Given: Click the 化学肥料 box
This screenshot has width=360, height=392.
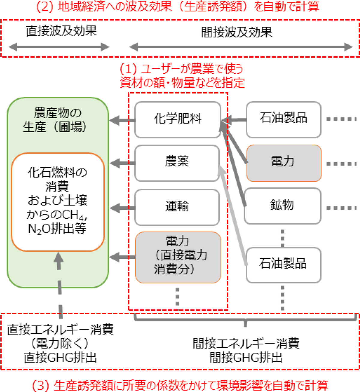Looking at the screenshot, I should (x=178, y=120).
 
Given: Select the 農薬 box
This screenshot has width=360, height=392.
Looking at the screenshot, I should (x=177, y=163).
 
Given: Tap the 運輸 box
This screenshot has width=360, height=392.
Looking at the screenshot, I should (x=177, y=207).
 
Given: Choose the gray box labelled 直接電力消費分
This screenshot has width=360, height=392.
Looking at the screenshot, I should (x=178, y=257).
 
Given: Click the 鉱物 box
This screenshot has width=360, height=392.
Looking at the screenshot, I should (x=283, y=206).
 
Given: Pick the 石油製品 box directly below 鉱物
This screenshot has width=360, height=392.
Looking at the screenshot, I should (x=283, y=265).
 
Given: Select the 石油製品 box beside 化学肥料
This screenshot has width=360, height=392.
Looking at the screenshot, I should (x=283, y=119).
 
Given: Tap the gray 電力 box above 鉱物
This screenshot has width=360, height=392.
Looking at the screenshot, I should (x=283, y=163).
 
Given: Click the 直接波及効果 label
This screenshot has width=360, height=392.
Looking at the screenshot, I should (x=61, y=31).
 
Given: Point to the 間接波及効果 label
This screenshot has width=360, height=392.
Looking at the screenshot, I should (x=237, y=32).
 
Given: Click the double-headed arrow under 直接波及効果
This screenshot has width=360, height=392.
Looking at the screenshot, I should (x=59, y=47).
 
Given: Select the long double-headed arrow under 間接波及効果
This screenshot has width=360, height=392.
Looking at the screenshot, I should (x=241, y=47).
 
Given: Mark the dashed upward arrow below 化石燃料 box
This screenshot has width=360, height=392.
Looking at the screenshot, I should (x=59, y=285).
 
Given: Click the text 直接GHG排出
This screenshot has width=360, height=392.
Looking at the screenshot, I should (x=60, y=358).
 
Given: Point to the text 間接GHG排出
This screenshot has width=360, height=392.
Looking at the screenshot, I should (x=246, y=358).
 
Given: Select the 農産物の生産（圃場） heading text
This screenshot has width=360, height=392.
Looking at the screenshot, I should (x=57, y=120).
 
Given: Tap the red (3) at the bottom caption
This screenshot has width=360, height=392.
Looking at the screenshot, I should (x=41, y=385).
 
